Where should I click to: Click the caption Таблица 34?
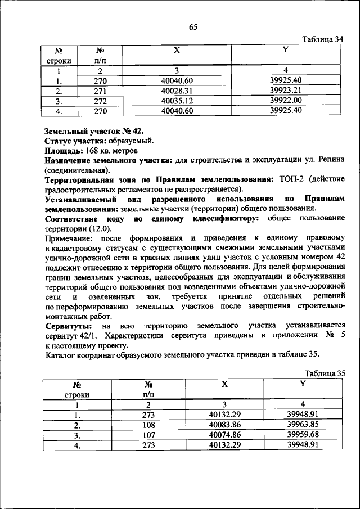[x=322, y=39]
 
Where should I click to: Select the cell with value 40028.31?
[x=177, y=90]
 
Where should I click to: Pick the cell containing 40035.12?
[x=177, y=100]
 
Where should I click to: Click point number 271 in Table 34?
[x=100, y=90]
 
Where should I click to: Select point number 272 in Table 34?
[x=100, y=100]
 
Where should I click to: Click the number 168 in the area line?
[x=90, y=151]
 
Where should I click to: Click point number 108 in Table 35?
[x=149, y=425]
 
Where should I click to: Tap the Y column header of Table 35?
[x=302, y=384]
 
